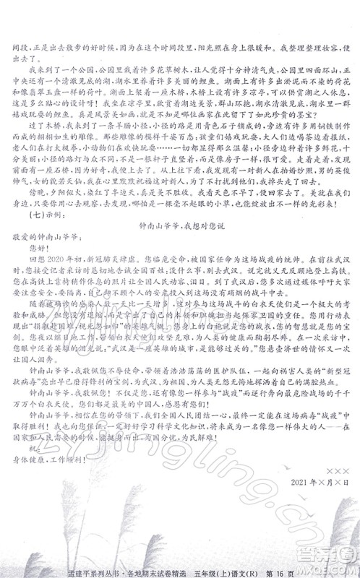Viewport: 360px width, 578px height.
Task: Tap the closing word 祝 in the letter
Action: tap(32, 487)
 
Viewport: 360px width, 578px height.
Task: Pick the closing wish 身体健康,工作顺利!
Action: tap(46, 500)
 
